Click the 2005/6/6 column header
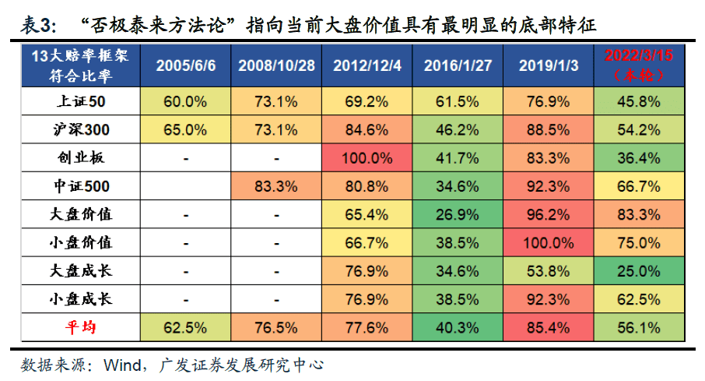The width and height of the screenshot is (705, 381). [186, 65]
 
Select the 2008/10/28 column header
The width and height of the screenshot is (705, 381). [276, 65]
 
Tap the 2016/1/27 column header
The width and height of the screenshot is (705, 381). [458, 65]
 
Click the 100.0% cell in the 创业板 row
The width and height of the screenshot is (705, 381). [367, 157]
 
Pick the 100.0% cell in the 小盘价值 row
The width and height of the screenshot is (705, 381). [549, 242]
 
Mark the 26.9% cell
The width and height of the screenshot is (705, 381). [458, 214]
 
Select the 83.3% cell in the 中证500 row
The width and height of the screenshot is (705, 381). [276, 186]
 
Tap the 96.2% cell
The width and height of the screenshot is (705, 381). [549, 214]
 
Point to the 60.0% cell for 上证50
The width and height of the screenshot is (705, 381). [186, 101]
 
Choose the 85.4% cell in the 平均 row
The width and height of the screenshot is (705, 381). [549, 327]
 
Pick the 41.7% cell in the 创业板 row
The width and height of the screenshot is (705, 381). [458, 157]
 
